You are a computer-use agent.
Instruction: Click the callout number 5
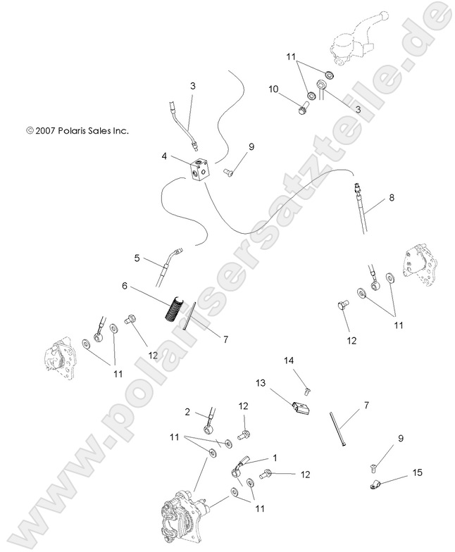point(138,258)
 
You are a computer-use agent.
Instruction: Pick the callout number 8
point(391,199)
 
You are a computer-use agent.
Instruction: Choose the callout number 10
point(274,89)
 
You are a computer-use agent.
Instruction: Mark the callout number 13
point(261,384)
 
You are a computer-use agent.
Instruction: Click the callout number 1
point(275,458)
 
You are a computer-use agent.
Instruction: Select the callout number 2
point(187,412)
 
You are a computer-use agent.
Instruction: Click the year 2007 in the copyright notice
point(48,130)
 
